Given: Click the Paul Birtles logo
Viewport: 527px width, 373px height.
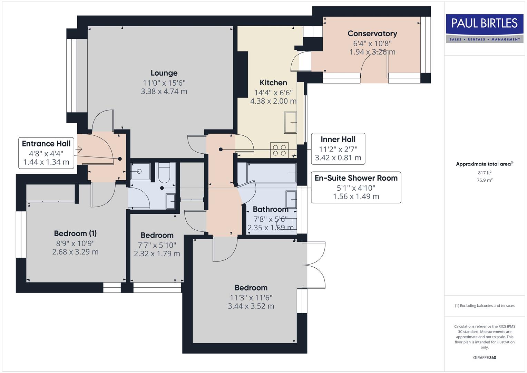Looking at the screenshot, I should [x=485, y=28].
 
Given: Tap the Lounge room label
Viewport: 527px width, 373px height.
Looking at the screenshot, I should [x=164, y=73].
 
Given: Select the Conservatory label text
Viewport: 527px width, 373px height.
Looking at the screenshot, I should [x=372, y=34].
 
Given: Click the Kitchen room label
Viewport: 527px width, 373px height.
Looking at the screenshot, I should [x=273, y=83].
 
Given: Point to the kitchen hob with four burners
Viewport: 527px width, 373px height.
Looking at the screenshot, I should [x=279, y=150].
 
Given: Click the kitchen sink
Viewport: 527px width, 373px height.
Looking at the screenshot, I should [x=290, y=123].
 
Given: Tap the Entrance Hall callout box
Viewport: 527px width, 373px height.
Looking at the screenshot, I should [x=46, y=153].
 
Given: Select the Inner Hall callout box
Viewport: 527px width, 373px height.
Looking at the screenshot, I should [x=338, y=149].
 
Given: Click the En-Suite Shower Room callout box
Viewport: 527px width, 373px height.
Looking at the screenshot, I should [x=356, y=187].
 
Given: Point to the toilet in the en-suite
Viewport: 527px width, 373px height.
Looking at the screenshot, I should [x=164, y=173].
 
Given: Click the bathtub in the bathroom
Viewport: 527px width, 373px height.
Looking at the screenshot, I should [x=271, y=173].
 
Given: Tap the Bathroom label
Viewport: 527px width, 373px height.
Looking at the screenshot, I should [x=271, y=209].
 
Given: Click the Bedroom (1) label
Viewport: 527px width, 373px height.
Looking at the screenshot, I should [x=75, y=233].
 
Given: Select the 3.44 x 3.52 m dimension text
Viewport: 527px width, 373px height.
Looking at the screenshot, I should [x=251, y=306].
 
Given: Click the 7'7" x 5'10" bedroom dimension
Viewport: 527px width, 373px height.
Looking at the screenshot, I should [x=157, y=245].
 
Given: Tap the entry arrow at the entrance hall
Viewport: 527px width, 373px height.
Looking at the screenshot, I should [x=79, y=150].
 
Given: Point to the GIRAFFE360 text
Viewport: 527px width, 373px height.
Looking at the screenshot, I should [x=484, y=358].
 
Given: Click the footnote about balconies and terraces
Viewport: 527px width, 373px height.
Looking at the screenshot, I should [x=484, y=306].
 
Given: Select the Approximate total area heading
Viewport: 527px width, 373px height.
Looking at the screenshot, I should [x=484, y=164].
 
